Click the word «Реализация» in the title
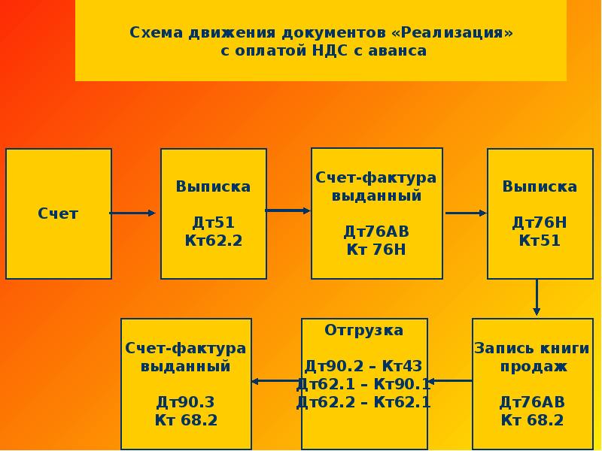[x=456, y=34]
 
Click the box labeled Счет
[x=59, y=213]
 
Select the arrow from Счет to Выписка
[x=133, y=213]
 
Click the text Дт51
[x=214, y=222]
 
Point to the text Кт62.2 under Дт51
[x=214, y=241]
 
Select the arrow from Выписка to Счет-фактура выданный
[x=287, y=210]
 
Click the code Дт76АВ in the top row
[x=376, y=232]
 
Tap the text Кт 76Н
[x=376, y=250]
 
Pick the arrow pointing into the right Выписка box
[x=466, y=213]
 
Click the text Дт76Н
[x=540, y=222]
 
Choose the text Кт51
[x=540, y=241]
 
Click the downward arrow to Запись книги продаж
[x=537, y=298]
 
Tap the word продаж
[x=532, y=366]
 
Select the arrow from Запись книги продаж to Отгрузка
[x=450, y=381]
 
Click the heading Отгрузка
[x=364, y=330]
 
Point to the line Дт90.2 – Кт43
[x=364, y=366]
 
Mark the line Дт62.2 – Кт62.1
[x=364, y=402]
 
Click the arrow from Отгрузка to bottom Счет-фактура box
[x=276, y=381]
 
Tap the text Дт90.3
[x=186, y=402]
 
